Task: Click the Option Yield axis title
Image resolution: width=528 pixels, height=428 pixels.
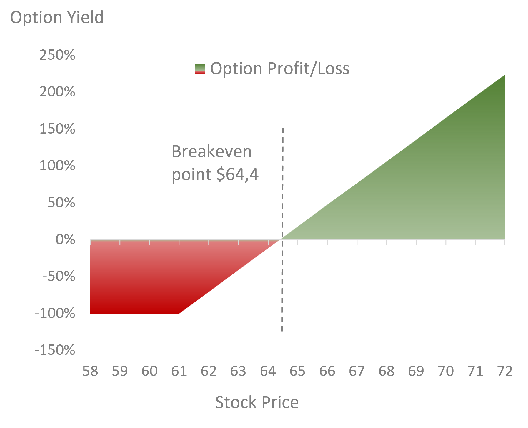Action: coord(57,17)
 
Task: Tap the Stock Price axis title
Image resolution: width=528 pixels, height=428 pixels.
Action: coord(257,402)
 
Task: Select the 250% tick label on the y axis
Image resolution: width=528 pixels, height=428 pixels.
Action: coord(57,55)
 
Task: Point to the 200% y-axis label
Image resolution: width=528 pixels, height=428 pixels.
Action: coord(57,92)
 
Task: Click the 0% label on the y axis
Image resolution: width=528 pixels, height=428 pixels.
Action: coord(65,239)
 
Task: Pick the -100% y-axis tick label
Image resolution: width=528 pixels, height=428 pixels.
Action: coord(55,313)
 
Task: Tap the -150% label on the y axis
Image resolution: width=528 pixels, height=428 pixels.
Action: coord(55,350)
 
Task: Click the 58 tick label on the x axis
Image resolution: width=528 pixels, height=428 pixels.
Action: coord(90,371)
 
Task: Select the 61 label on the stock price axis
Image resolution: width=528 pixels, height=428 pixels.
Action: coord(179,371)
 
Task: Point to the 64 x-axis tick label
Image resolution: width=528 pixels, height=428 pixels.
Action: coord(268,371)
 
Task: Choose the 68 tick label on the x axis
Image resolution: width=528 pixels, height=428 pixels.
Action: coord(387,371)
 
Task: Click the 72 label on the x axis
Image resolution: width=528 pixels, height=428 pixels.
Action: coord(505,371)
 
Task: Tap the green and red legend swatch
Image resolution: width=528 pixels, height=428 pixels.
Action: coord(200,69)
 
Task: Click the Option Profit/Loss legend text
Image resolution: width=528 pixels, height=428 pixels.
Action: coord(280,69)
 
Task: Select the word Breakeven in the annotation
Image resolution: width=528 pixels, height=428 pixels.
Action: coord(211,151)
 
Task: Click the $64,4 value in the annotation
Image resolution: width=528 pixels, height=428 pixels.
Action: coord(237,174)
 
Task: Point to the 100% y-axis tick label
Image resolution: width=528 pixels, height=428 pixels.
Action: coord(57,166)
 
